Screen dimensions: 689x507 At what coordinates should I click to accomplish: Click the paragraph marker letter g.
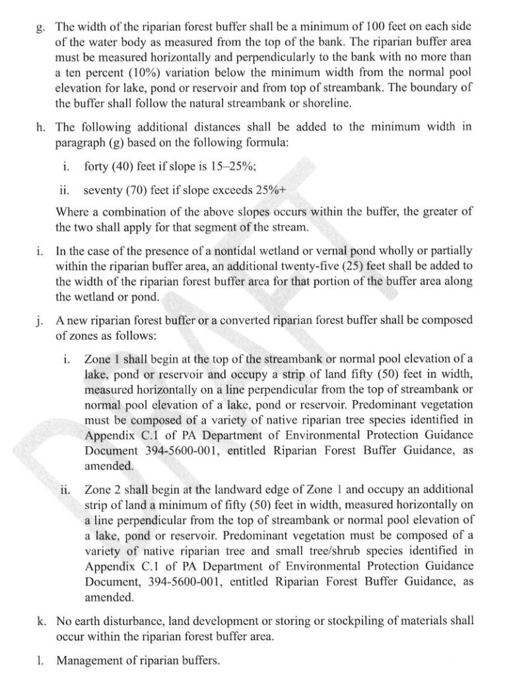point(41,28)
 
